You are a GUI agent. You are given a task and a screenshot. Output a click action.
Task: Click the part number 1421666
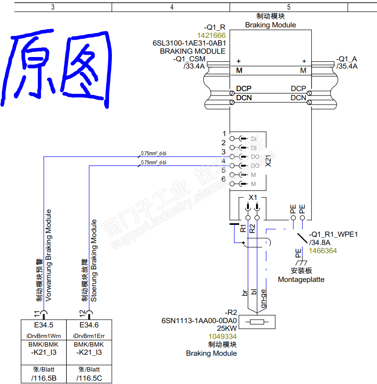(211, 35)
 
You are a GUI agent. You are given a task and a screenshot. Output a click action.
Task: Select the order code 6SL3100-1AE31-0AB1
(189, 43)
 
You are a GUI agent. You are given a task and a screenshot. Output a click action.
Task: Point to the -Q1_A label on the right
(347, 58)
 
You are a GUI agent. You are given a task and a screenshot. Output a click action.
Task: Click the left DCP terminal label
(243, 89)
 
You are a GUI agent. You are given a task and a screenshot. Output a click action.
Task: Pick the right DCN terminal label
(298, 98)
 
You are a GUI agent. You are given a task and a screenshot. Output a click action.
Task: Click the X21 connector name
(268, 161)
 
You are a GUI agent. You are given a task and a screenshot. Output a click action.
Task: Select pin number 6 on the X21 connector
(223, 179)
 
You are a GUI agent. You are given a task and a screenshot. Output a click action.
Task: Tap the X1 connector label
(253, 198)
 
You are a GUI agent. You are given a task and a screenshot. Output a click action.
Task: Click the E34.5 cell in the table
(43, 325)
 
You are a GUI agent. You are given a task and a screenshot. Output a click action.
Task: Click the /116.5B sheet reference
(43, 378)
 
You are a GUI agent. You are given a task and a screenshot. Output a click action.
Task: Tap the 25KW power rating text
(227, 328)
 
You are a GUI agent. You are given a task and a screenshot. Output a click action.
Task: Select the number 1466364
(323, 251)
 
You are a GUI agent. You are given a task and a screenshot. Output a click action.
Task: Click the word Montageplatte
(301, 279)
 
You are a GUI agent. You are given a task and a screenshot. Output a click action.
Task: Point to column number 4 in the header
(171, 7)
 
